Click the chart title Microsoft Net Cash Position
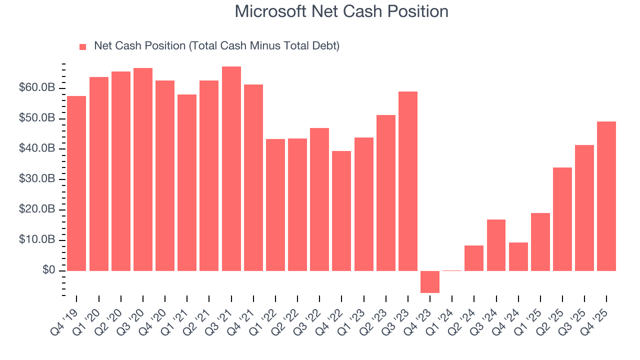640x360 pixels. (x=341, y=11)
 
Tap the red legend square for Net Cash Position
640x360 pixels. (x=83, y=46)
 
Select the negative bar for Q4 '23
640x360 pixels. (x=429, y=281)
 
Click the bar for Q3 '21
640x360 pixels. (x=231, y=168)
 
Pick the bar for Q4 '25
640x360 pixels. (x=606, y=196)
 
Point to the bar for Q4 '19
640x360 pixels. (x=76, y=183)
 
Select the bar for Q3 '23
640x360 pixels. (x=407, y=181)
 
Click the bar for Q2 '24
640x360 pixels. (x=473, y=258)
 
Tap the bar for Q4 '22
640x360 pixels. (x=341, y=210)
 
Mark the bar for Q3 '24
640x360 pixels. (x=496, y=245)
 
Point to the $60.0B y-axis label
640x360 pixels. (x=37, y=88)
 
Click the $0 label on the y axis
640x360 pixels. (x=49, y=270)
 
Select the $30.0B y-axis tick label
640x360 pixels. (x=37, y=179)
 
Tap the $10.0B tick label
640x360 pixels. (x=37, y=240)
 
